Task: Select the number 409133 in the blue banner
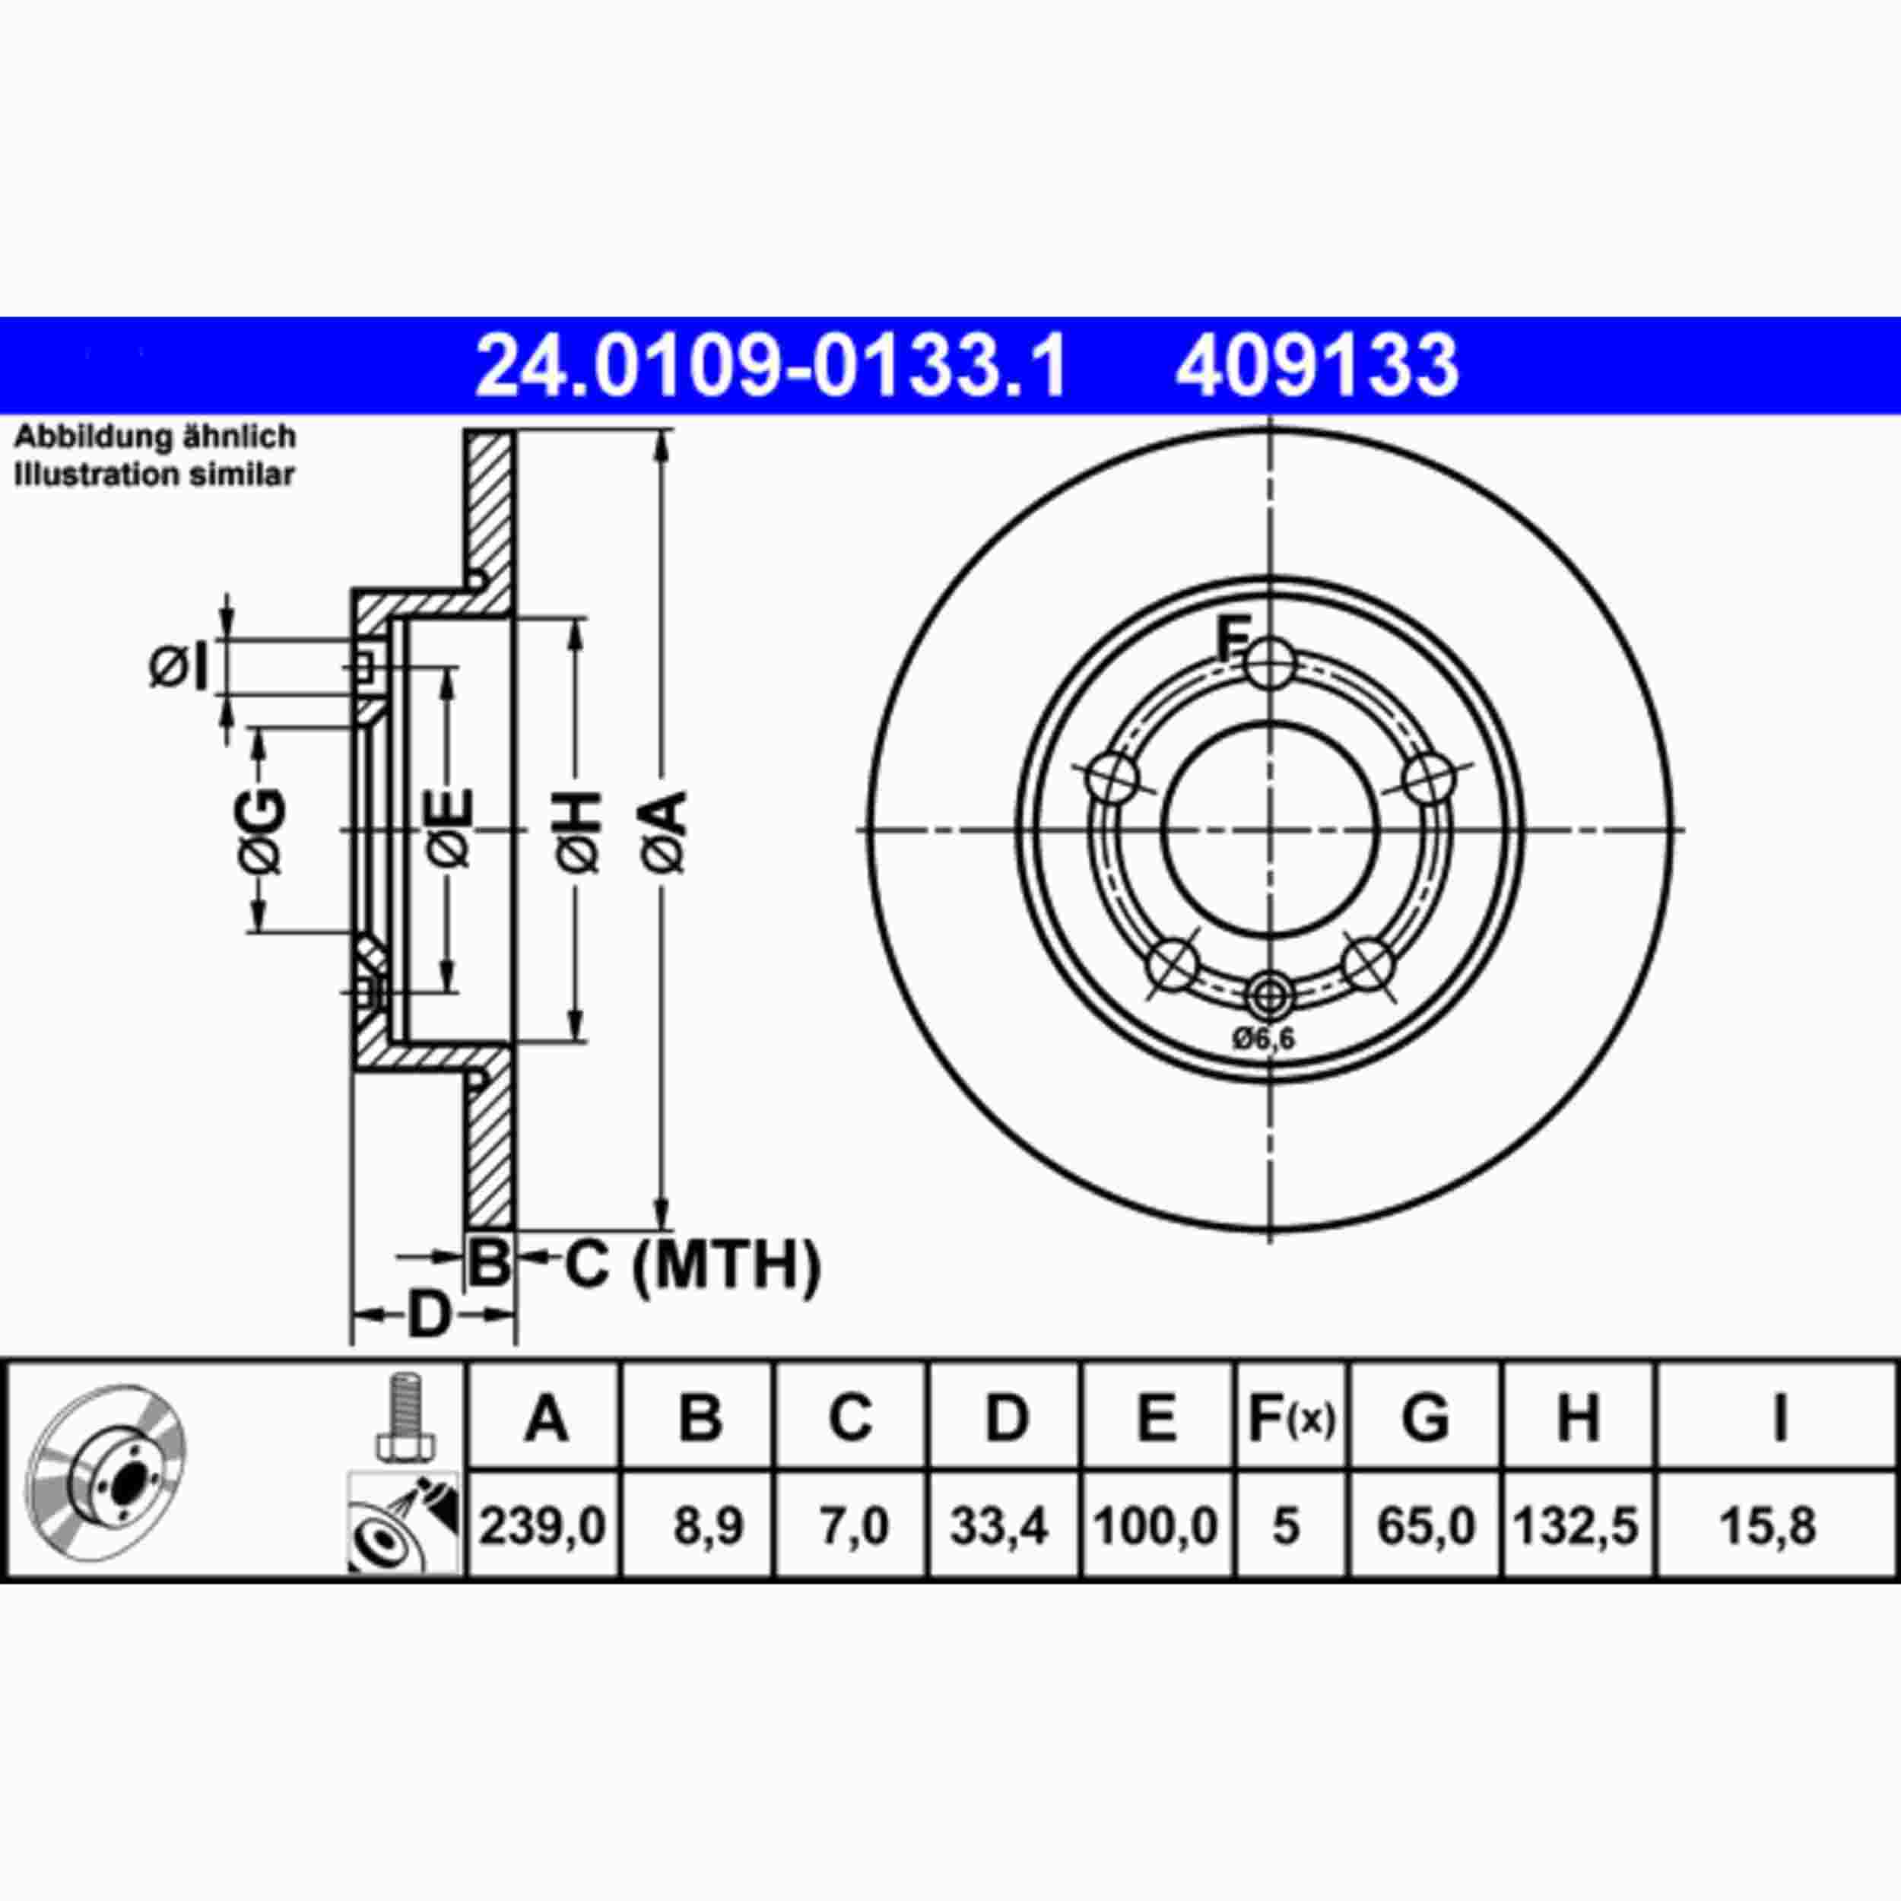(x=1315, y=366)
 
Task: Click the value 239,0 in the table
(x=542, y=1526)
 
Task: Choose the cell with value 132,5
(x=1576, y=1526)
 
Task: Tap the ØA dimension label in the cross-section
(x=665, y=830)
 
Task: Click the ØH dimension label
(x=579, y=830)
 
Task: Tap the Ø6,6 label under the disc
(x=1265, y=1038)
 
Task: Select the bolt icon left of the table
(x=405, y=1416)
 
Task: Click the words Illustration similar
(x=154, y=474)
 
